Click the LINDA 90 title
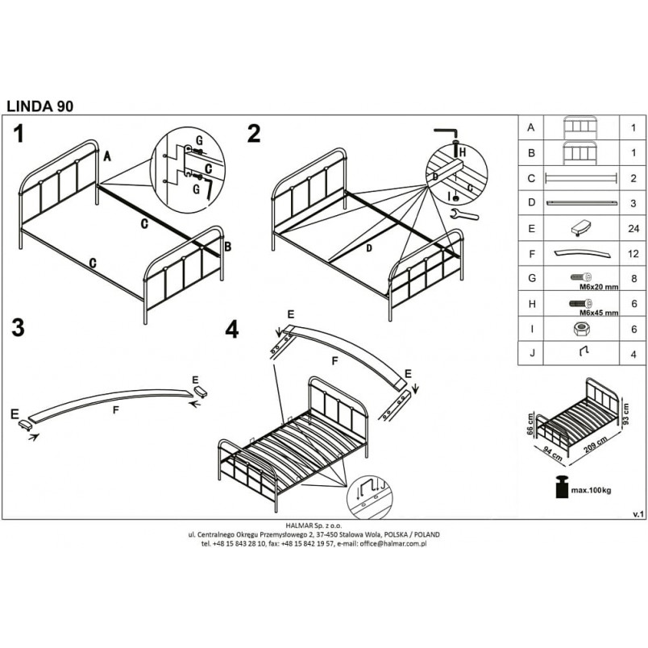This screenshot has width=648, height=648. pos(40,106)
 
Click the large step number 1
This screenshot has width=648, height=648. pos(19,134)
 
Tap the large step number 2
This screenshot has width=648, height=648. pos(254,134)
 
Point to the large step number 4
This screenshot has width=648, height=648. pos(232,330)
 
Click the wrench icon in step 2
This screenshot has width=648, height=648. pos(463,214)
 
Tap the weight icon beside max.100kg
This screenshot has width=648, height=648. pos(562,487)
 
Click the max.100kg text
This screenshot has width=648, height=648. pos(591,491)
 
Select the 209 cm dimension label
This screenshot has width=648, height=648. pos(596,445)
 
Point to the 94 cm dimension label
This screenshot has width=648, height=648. pos(552,452)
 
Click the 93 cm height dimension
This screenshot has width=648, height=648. pos(625,414)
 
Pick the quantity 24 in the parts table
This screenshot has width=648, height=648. pos(633,229)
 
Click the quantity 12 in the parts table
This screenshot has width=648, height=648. pos(633,254)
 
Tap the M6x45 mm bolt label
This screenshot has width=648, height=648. pos(599,313)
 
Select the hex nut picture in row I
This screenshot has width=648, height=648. pos(581,329)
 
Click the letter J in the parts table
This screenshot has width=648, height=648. pos(532,353)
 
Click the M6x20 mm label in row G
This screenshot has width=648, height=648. pos(599,287)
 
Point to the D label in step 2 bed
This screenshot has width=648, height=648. pos(368,248)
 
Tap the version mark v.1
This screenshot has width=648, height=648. pos(638,514)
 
